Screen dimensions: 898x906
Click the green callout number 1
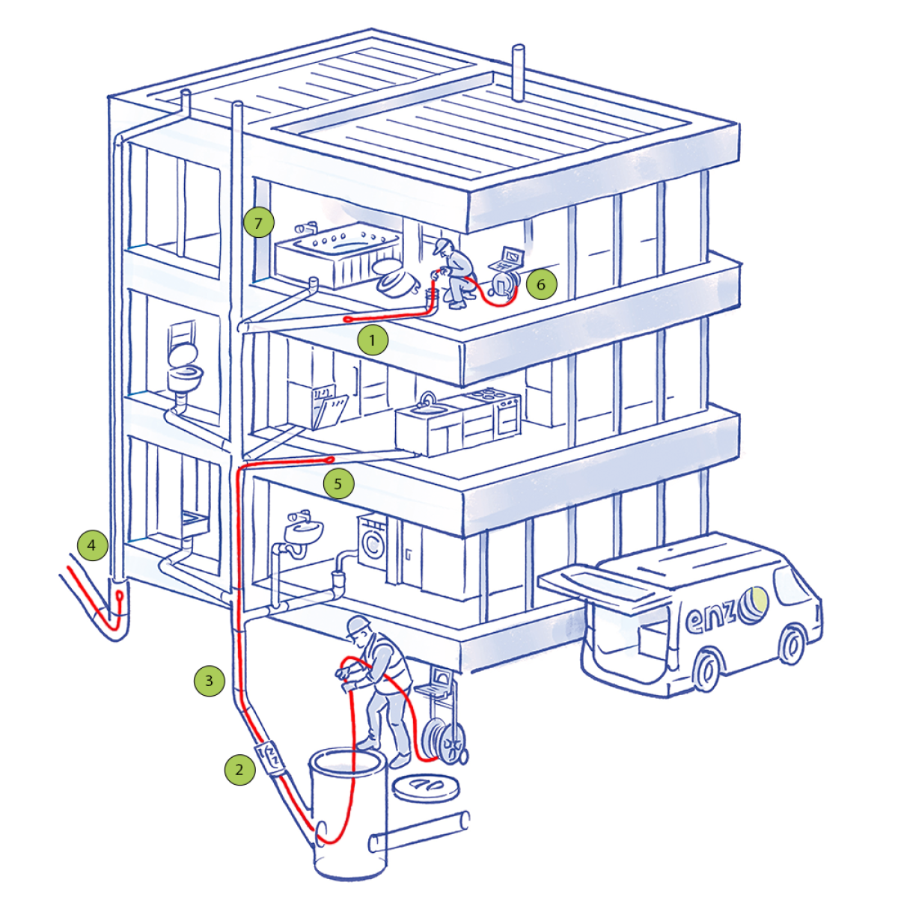372,340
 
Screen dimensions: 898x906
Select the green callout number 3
210,680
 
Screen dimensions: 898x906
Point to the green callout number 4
92,545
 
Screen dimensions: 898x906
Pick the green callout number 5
338,483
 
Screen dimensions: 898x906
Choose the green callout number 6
541,284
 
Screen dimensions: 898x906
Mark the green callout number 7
258,222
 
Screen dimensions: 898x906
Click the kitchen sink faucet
428,398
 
